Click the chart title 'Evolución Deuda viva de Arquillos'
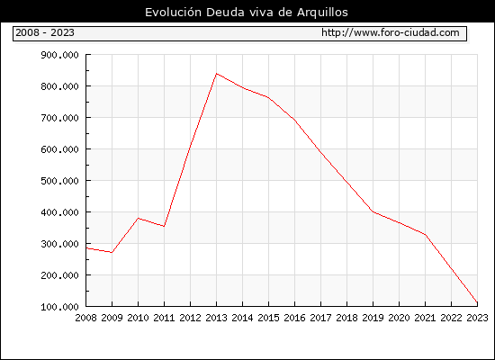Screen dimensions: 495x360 (x=247, y=13)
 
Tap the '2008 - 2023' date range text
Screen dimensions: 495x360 (x=45, y=32)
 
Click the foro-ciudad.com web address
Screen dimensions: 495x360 (x=391, y=32)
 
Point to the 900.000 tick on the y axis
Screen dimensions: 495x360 (x=59, y=55)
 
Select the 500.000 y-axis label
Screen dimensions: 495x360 (x=59, y=181)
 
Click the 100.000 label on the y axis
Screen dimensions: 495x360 (x=59, y=307)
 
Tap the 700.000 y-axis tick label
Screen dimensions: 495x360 (x=59, y=118)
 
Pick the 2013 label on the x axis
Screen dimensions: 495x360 (x=216, y=318)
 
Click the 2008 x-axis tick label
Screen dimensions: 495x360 (x=85, y=318)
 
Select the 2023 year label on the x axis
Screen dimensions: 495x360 (x=477, y=318)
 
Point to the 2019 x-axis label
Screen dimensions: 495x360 (x=373, y=318)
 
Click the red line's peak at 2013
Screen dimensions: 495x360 (x=216, y=74)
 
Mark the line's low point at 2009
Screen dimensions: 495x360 (x=112, y=252)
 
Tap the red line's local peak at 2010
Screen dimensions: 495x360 (x=138, y=218)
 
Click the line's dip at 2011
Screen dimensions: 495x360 (x=164, y=226)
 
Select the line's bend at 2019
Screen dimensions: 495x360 (x=373, y=211)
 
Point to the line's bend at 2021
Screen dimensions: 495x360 (x=425, y=235)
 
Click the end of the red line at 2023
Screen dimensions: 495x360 (x=477, y=302)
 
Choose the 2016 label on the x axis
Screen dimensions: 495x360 (x=294, y=318)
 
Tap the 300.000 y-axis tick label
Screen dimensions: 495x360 (x=59, y=244)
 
